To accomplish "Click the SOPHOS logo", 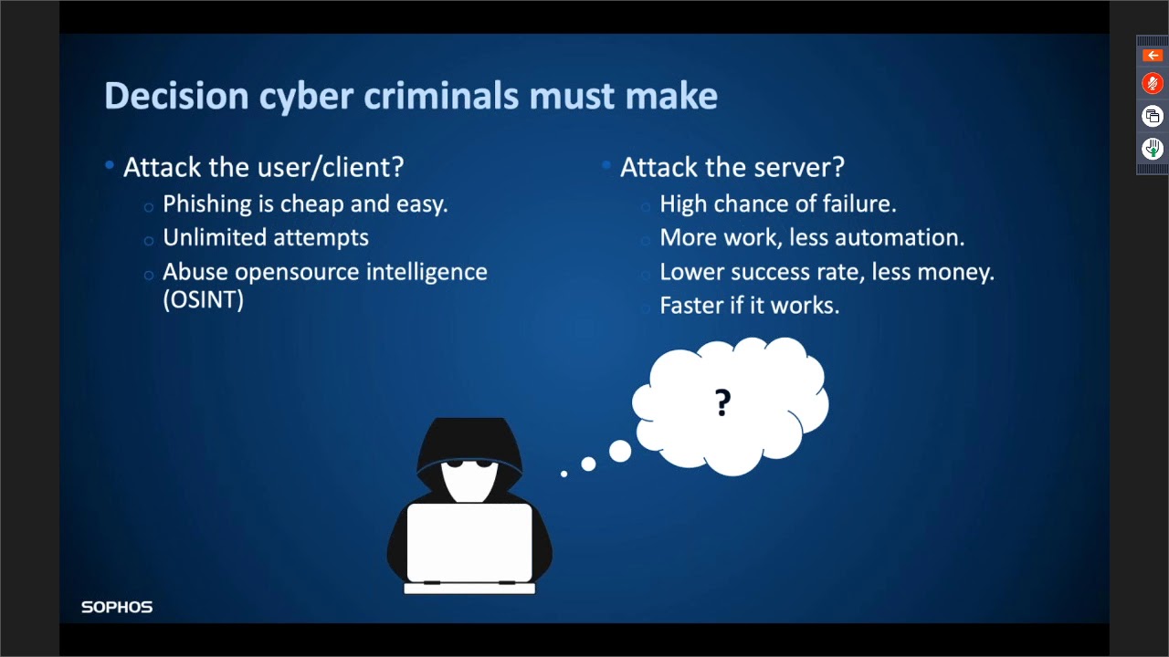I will click(x=117, y=607).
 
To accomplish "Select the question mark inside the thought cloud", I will click(x=723, y=402).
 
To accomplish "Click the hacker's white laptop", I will click(x=469, y=544).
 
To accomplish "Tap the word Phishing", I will click(x=206, y=203).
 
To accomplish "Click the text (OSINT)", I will click(x=203, y=300).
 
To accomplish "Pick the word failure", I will click(x=858, y=203).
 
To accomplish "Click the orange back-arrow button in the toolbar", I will click(x=1153, y=56).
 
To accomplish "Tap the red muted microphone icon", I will click(x=1153, y=84).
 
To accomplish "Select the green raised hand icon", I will click(x=1153, y=148).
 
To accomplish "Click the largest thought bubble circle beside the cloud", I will click(x=620, y=451).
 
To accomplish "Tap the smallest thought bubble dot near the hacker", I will click(x=563, y=474).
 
